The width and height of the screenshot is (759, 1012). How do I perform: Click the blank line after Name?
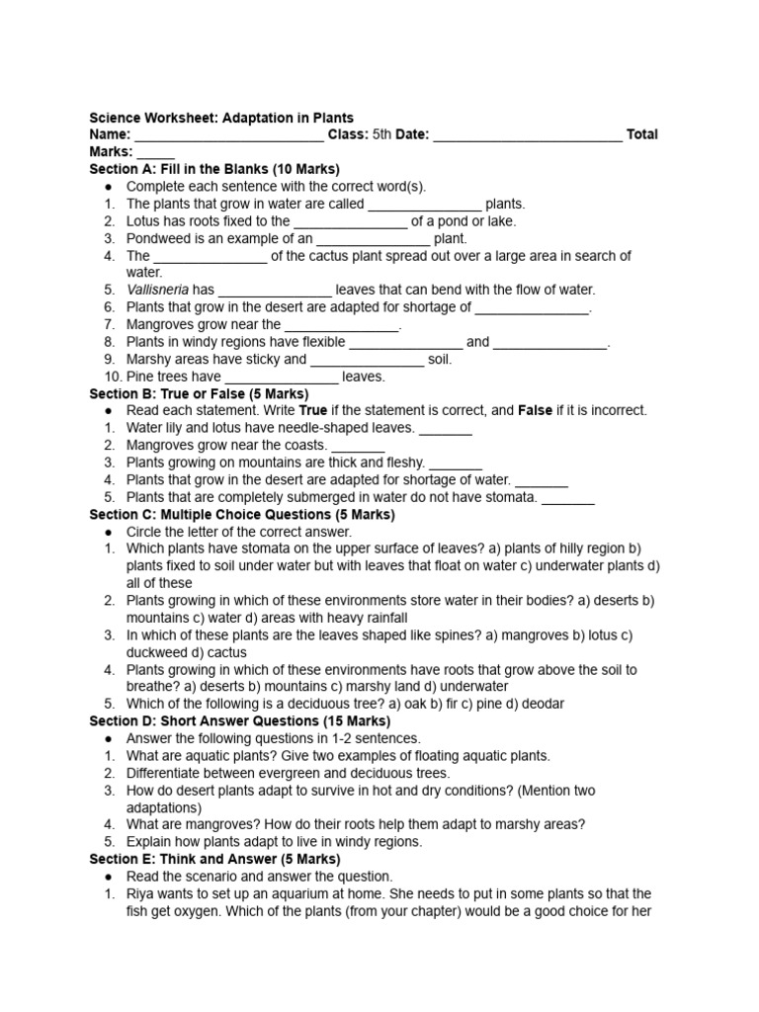228,135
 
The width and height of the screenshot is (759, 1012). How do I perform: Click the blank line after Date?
528,135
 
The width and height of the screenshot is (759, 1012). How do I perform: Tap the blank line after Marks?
155,153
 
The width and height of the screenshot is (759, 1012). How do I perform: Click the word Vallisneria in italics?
157,290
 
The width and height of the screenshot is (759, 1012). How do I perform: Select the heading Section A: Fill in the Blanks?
214,169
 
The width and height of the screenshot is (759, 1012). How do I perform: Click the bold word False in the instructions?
535,410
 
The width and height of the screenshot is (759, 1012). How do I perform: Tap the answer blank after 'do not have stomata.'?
568,498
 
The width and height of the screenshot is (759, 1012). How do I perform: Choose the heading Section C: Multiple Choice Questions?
242,515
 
